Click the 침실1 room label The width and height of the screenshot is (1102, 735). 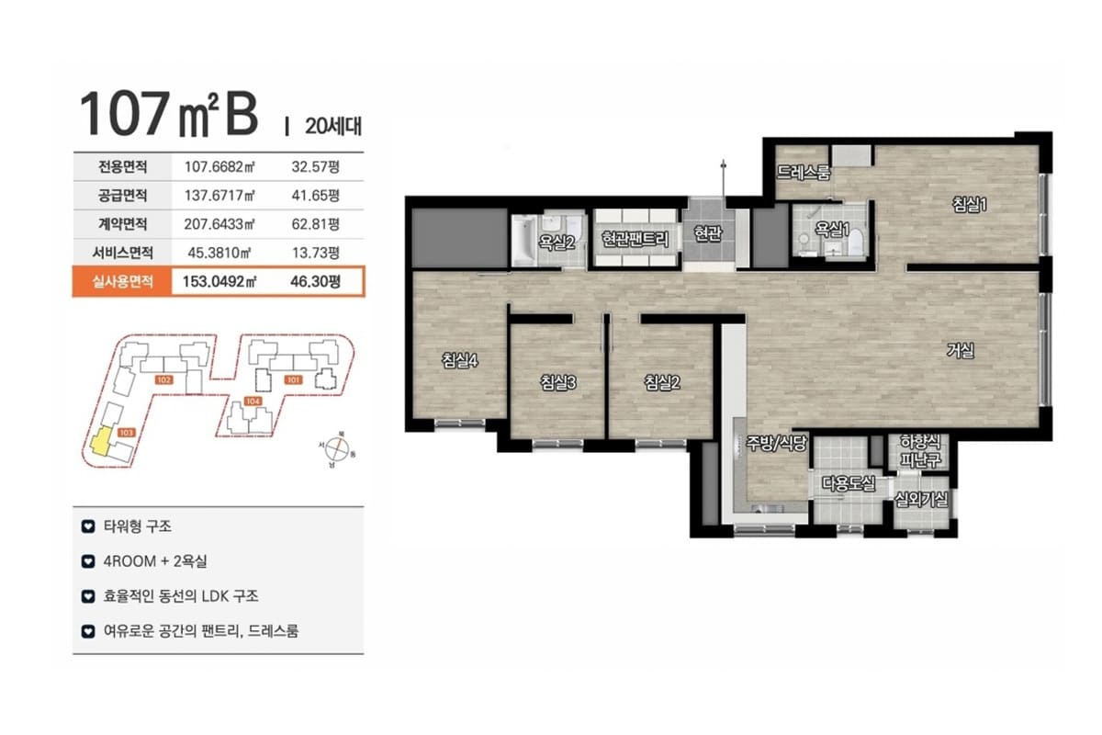pos(969,204)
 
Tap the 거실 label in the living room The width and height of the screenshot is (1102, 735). pos(961,351)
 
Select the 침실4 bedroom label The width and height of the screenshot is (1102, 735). pos(459,360)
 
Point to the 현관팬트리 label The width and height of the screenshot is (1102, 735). pos(635,239)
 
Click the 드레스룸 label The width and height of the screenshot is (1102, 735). pos(804,173)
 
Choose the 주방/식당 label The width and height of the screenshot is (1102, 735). pos(776,443)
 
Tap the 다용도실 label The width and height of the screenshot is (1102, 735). pos(849,483)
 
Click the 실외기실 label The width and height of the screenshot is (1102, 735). pos(921,500)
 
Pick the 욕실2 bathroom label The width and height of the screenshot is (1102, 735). pos(557,243)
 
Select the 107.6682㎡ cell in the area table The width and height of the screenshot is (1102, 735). pos(219,167)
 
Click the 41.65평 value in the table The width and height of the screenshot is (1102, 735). pos(315,196)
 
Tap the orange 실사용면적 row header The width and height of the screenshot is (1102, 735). pos(122,281)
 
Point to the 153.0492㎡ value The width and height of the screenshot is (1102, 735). pos(219,281)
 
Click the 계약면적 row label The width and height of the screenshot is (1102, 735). pos(122,224)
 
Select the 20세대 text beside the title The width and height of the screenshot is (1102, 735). pos(333,126)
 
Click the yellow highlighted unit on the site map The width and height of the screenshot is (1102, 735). pos(101,441)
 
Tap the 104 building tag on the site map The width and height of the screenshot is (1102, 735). pos(253,401)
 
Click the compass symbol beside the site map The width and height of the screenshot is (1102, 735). pos(337,449)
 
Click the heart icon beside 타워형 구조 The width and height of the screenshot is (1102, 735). pos(88,526)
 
